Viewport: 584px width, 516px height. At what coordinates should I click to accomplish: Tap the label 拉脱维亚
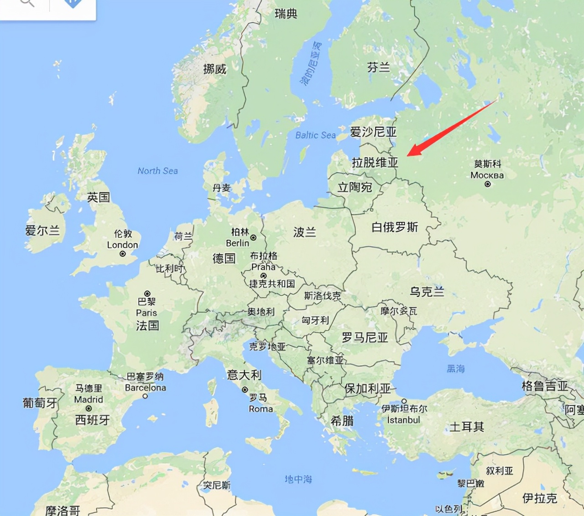375,162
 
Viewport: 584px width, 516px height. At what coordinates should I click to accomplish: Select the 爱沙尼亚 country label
373,132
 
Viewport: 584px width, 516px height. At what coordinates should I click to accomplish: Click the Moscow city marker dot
488,184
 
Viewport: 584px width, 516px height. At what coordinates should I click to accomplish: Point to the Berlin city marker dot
253,237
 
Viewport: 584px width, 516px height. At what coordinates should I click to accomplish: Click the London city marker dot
122,253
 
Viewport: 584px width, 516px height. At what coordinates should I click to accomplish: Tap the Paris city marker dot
147,293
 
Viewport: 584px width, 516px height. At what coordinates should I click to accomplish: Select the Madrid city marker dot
89,408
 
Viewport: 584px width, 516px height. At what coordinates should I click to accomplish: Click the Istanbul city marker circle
404,401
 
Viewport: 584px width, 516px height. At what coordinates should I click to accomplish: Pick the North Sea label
157,171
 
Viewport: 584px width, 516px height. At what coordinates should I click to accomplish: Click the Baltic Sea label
315,135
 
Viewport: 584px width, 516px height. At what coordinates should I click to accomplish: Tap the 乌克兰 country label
427,291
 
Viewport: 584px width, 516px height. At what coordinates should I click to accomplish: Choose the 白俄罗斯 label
395,227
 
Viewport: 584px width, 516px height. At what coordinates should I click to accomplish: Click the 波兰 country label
304,232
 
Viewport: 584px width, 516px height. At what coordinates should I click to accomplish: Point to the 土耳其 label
466,426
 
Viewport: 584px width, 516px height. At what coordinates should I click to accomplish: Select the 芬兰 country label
378,68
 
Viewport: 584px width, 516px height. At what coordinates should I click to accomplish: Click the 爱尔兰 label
42,231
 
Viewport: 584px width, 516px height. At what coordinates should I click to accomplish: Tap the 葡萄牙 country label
40,403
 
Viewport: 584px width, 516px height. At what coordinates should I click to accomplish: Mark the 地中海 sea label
298,479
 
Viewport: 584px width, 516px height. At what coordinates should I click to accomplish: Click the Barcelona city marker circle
145,396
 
